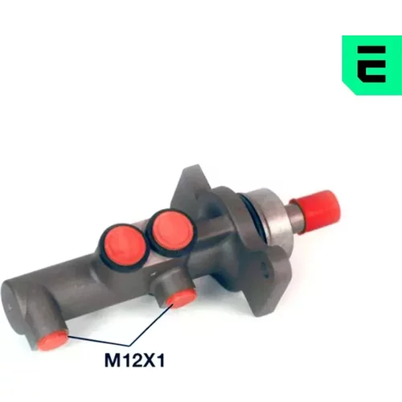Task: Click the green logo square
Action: [372, 65]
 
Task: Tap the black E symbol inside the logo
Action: [371, 64]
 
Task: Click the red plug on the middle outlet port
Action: [180, 297]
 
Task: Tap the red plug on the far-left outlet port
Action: [52, 340]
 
